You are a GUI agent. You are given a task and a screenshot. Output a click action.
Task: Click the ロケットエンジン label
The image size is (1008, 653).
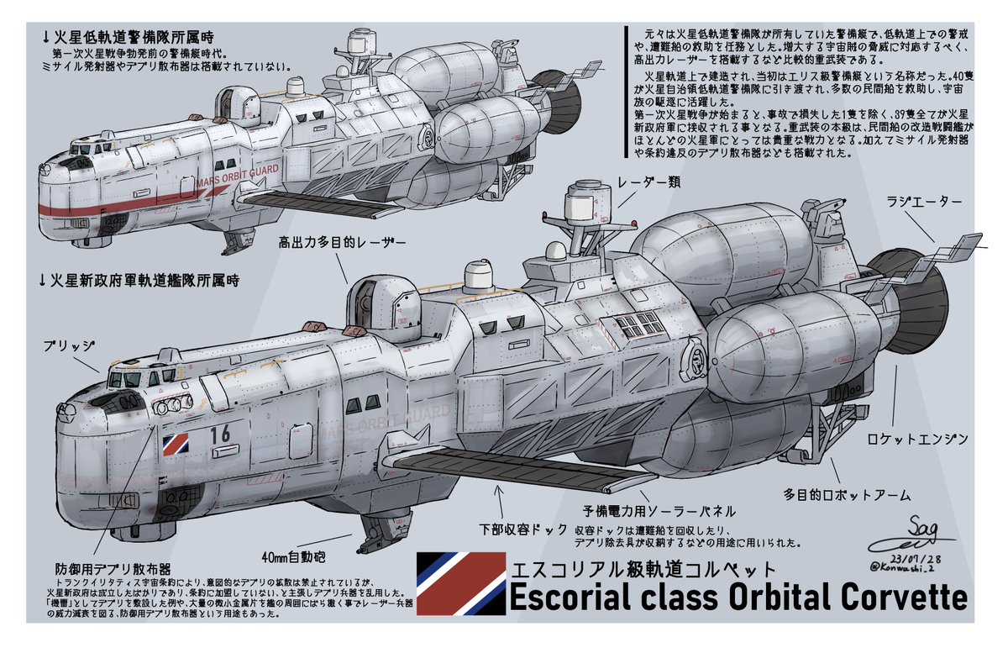(x=918, y=440)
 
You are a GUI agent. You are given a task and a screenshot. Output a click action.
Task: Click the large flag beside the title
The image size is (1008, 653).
(x=460, y=583)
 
